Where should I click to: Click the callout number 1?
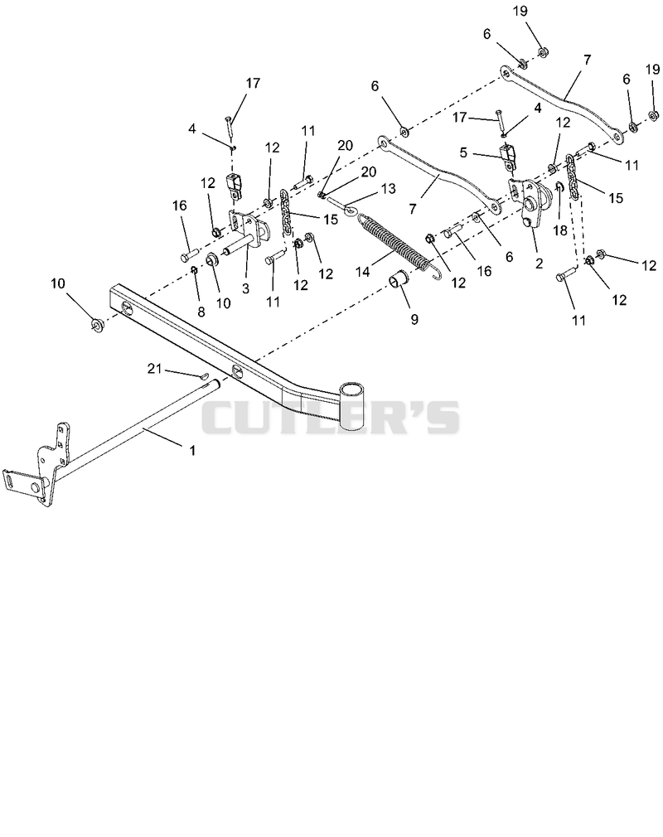tap(193, 450)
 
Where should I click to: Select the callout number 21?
tap(154, 368)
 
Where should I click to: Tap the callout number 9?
tap(414, 319)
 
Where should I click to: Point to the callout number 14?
tap(363, 272)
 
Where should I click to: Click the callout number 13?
tap(390, 188)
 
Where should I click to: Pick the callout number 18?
tap(560, 230)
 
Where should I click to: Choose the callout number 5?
tap(463, 152)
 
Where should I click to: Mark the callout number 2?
tap(539, 263)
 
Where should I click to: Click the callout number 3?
tap(245, 288)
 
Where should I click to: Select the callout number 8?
tap(201, 312)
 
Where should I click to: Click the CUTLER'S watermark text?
tap(330, 418)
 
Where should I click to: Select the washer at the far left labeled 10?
tap(97, 323)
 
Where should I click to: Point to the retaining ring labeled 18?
tap(559, 187)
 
